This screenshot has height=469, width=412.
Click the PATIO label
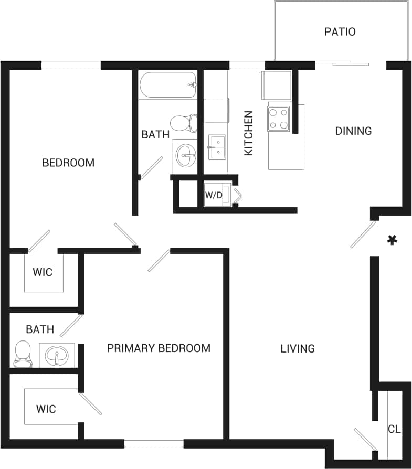coord(340,31)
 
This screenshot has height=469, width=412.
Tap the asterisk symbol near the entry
coord(392,240)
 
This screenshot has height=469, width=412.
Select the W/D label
coord(214,195)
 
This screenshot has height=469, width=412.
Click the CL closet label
coord(394,429)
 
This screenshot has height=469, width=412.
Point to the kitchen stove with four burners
coord(278,118)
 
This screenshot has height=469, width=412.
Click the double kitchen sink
coord(217,147)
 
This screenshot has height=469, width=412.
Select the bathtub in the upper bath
coord(168,84)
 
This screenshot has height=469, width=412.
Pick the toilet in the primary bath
coord(23,354)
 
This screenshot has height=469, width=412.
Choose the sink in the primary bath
coord(56,356)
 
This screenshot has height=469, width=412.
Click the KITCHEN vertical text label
coord(249,133)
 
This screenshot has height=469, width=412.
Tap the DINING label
coord(353,131)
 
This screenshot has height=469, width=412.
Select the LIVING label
coord(297,348)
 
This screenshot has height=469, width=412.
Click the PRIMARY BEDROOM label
coord(159,348)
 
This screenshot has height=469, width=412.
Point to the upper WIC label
coord(43,273)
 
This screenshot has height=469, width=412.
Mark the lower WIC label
coord(46,409)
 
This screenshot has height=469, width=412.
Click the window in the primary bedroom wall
coord(154,444)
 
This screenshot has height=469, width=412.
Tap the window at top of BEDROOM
coord(71,66)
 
